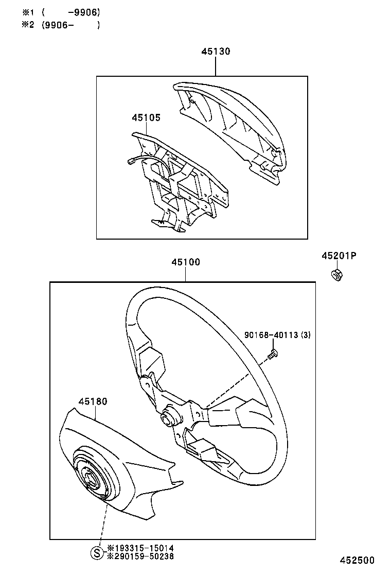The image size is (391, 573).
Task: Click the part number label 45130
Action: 216,52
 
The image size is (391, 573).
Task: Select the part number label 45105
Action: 146,117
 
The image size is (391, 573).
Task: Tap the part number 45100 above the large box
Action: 186,262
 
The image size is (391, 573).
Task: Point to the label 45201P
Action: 339,256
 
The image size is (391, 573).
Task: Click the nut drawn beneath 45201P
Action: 336,275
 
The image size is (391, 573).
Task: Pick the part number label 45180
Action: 93,401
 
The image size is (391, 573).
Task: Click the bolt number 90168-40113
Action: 271,336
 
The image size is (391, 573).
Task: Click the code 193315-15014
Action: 143,548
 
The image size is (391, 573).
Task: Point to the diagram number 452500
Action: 356,560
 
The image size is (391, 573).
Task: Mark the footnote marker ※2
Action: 27,25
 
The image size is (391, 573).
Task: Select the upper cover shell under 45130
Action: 232,124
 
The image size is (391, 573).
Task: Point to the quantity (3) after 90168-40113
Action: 306,336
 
